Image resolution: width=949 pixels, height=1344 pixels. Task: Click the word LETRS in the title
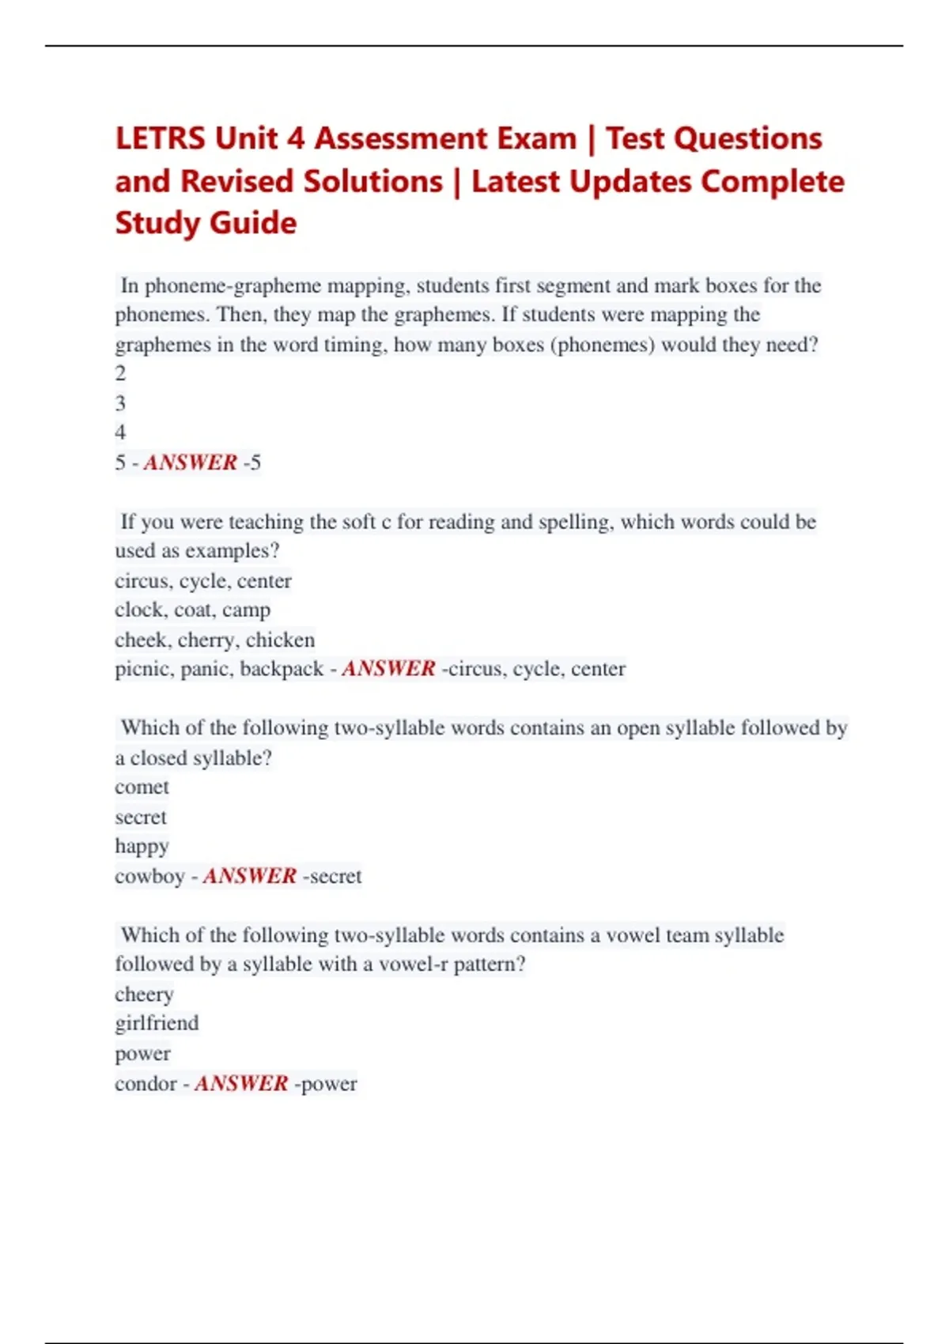coord(161,138)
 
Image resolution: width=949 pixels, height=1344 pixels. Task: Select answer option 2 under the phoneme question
coord(120,373)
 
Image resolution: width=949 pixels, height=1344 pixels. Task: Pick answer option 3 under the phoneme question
coord(120,403)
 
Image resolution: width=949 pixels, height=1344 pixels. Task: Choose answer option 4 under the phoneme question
coord(120,432)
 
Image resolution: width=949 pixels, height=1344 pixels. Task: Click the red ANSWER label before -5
coord(190,462)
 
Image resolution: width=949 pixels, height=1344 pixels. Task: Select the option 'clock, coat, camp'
coord(192,610)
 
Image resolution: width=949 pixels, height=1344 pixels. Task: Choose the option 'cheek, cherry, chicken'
coord(214,640)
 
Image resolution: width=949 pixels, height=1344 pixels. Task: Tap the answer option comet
coord(142,787)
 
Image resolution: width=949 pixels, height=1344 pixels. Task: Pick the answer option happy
coord(142,847)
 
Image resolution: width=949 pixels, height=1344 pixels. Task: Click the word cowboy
coord(149,877)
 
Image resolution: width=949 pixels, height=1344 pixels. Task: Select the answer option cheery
coord(144,995)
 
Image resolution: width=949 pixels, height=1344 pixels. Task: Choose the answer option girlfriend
coord(157,1024)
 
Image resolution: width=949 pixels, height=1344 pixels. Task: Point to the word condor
coord(146,1084)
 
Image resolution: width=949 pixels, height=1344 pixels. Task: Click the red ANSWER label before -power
coord(241,1084)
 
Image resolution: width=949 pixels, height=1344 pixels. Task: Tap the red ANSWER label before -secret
coord(250,877)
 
